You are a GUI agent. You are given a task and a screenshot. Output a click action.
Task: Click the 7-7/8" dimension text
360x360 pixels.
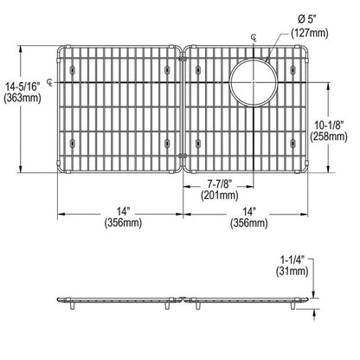tap(218, 184)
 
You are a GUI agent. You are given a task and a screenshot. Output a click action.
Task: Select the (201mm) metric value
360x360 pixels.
tap(218, 196)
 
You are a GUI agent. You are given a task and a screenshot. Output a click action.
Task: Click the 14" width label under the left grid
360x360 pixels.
tap(120, 209)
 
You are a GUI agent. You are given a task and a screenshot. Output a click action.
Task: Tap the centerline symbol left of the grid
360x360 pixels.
tap(49, 83)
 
